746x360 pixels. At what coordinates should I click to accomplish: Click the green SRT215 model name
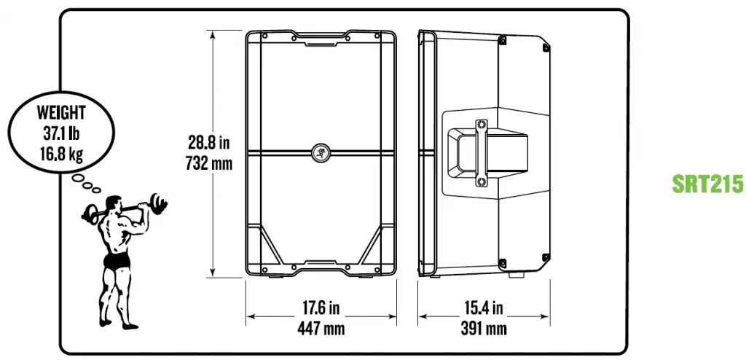pos(707,183)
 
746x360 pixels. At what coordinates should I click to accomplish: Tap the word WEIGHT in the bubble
pos(60,113)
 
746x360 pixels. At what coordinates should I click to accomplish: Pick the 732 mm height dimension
pos(210,163)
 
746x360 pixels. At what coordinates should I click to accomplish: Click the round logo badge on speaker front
pos(321,152)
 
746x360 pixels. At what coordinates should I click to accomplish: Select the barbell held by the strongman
pos(124,206)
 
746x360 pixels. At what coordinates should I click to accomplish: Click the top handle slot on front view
pos(321,42)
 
